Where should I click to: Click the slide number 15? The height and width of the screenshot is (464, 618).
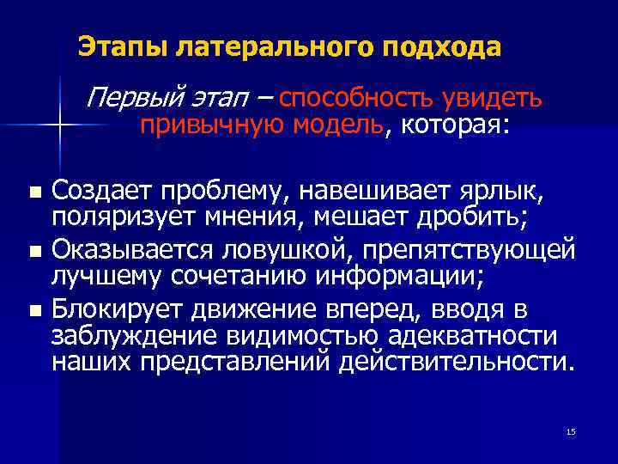(x=572, y=430)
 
